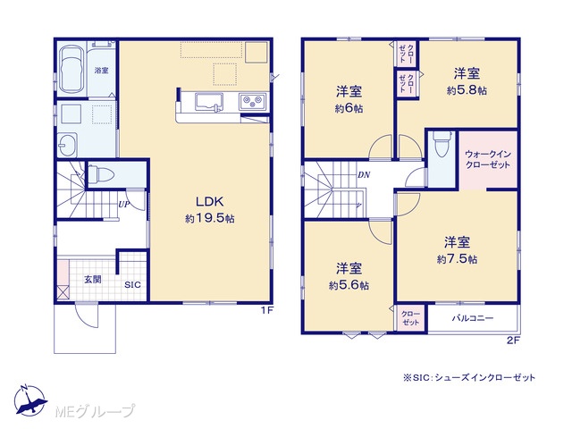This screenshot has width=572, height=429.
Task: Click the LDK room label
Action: (x=210, y=201)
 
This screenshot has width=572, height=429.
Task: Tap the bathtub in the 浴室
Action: (x=71, y=69)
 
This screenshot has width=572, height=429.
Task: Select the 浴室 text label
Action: (x=101, y=71)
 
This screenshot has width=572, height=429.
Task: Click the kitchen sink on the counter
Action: (x=209, y=101)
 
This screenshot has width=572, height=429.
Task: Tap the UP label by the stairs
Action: (x=124, y=205)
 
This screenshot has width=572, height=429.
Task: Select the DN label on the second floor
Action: (x=364, y=175)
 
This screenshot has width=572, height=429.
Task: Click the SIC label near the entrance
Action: (x=132, y=285)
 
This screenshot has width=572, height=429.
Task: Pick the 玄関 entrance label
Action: (x=93, y=280)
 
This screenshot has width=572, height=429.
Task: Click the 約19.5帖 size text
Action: (x=210, y=218)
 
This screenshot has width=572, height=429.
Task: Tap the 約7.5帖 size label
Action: (x=457, y=259)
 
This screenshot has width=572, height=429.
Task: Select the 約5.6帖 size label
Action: (x=349, y=285)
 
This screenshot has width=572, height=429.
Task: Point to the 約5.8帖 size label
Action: (x=467, y=90)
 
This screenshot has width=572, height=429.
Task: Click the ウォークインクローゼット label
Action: (x=488, y=159)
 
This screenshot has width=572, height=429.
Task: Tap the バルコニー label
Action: (x=473, y=318)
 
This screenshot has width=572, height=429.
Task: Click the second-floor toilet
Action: (x=441, y=143)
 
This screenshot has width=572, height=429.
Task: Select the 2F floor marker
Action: (x=513, y=341)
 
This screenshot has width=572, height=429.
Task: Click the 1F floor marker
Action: (x=266, y=310)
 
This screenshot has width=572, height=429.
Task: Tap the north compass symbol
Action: (x=29, y=400)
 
